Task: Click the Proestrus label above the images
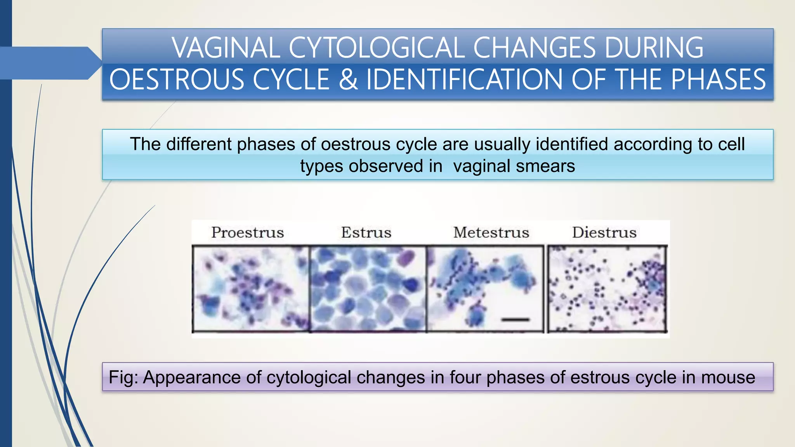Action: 248,232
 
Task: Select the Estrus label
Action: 366,232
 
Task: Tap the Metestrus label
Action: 491,232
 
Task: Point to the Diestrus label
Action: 604,232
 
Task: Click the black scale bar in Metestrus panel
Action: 515,320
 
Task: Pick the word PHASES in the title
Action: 719,80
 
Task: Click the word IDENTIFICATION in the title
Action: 464,80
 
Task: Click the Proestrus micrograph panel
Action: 251,289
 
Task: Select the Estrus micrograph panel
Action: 368,289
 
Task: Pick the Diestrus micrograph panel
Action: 607,289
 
